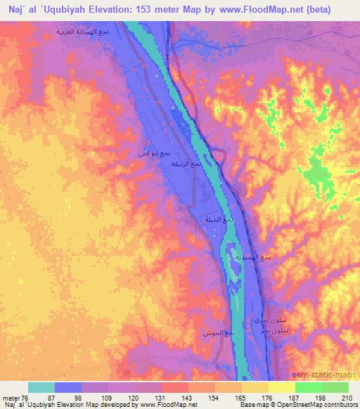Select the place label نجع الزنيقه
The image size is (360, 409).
tap(186, 164)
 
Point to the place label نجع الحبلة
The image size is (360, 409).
tap(218, 219)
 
